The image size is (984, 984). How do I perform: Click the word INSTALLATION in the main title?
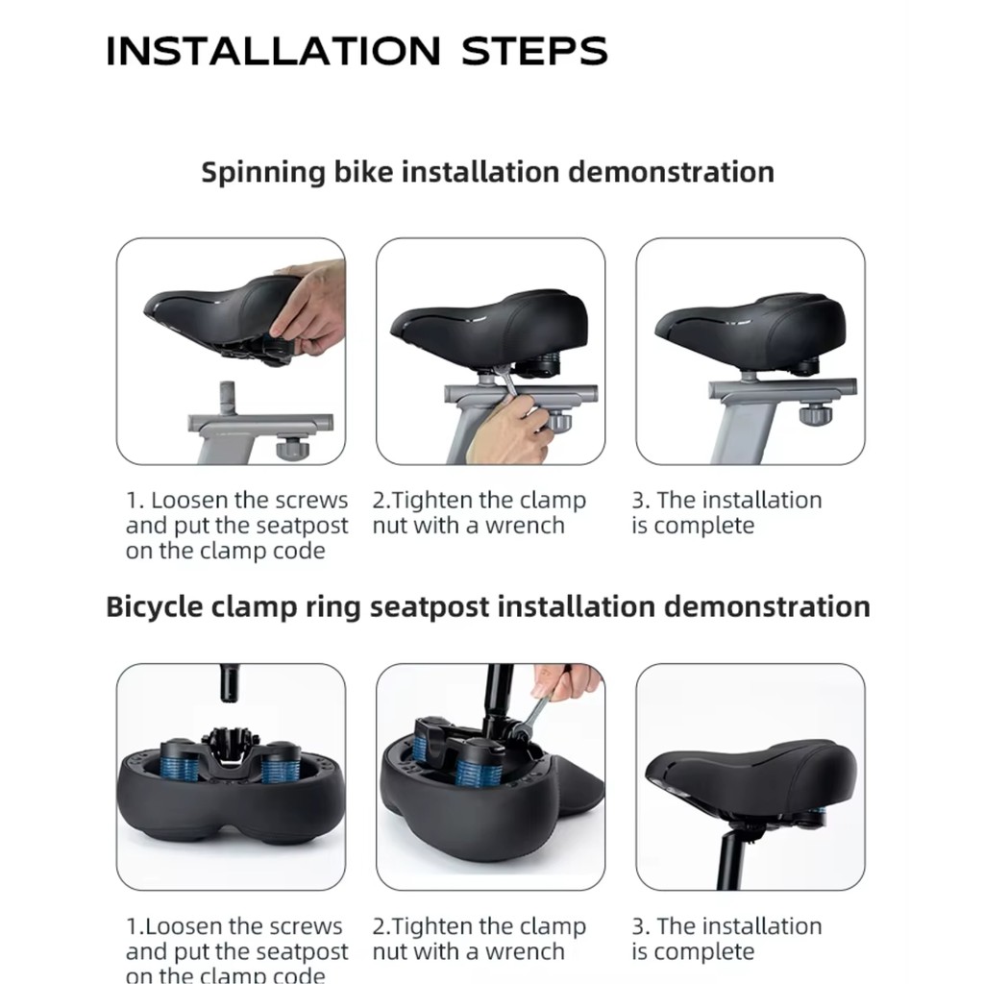tap(274, 51)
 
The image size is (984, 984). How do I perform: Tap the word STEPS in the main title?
tap(534, 51)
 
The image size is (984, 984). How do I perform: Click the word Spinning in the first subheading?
tap(263, 173)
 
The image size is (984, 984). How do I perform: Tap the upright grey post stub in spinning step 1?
tap(227, 398)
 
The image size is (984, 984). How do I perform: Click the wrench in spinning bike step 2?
tap(505, 381)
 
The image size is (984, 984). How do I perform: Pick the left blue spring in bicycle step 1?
tap(180, 764)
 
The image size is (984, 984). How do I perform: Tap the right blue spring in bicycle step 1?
tap(279, 767)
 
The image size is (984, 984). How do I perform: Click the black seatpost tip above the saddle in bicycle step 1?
tap(229, 683)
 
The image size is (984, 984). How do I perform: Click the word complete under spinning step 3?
tap(704, 527)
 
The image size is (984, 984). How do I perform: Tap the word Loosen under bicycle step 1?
tap(181, 926)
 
